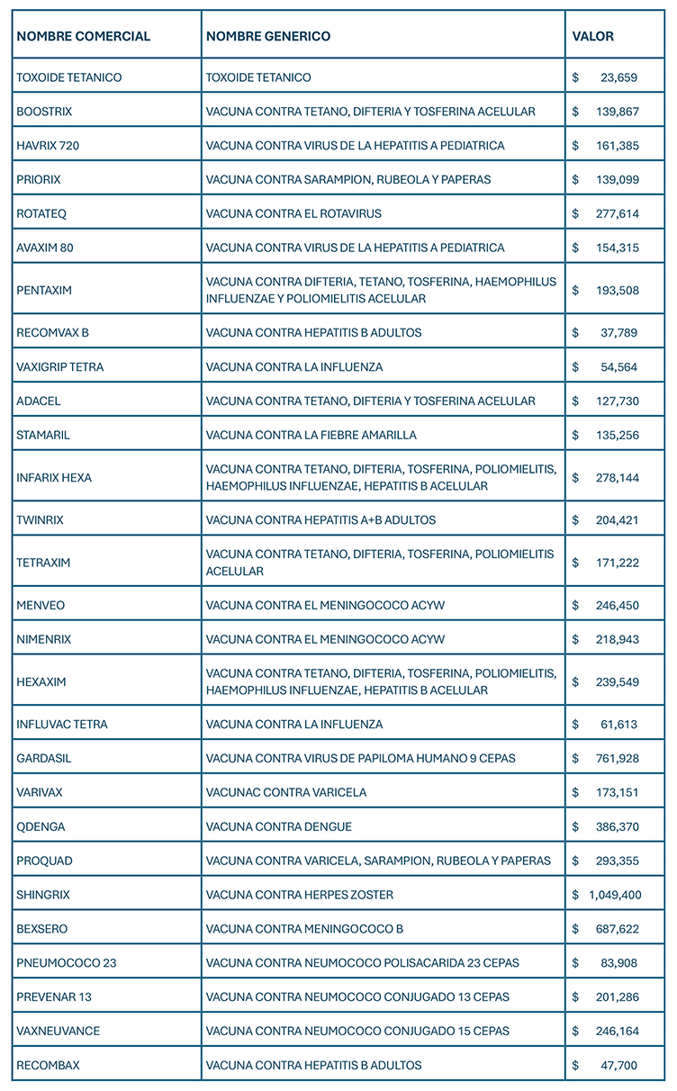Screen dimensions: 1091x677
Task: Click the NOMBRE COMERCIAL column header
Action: [x=84, y=37]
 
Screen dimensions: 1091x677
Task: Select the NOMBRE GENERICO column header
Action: [x=268, y=37]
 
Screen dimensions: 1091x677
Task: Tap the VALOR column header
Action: [x=592, y=37]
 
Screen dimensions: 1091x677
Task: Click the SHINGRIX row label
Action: [x=43, y=895]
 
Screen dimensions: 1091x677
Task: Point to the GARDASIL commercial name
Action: [x=44, y=758]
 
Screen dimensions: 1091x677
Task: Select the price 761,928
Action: [x=617, y=758]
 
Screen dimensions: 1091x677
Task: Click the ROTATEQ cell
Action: [x=41, y=213]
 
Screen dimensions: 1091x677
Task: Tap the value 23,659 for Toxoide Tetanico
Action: [x=618, y=77]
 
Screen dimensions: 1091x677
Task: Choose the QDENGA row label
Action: [x=41, y=826]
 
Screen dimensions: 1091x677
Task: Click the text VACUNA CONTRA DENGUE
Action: [x=279, y=826]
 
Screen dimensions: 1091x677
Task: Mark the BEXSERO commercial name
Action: [x=42, y=928]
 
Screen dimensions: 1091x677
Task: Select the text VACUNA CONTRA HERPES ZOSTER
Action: [x=300, y=895]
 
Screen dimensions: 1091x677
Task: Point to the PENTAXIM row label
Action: [x=44, y=290]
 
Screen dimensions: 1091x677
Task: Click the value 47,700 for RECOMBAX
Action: [x=618, y=1065]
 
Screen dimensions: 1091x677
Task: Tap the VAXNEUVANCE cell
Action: [x=59, y=1031]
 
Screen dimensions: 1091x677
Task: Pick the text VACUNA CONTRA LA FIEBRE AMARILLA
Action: [x=311, y=435]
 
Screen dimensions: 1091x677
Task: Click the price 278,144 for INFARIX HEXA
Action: [x=617, y=477]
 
